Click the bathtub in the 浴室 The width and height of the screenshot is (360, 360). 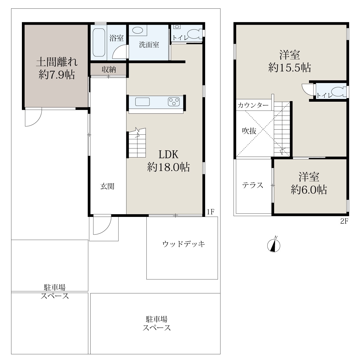[x=99, y=42]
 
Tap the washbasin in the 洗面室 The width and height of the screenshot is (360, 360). [x=137, y=30]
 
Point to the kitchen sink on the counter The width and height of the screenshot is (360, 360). [x=142, y=102]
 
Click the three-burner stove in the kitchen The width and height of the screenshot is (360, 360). [x=174, y=102]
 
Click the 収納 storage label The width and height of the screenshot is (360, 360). [x=109, y=70]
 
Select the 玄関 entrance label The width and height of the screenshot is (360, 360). [x=107, y=186]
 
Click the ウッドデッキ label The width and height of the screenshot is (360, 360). [x=184, y=244]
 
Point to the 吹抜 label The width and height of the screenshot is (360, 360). [x=249, y=131]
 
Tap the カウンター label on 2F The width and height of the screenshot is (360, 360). [x=253, y=106]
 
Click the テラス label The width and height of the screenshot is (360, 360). [x=253, y=185]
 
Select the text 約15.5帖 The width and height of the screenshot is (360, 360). [x=289, y=67]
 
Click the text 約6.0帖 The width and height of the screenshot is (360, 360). [x=309, y=190]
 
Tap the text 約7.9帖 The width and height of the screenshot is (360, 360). [x=57, y=74]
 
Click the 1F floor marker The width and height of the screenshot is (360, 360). [x=210, y=212]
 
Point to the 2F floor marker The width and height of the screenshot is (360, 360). [x=344, y=221]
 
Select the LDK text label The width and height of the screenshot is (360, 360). [x=168, y=154]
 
